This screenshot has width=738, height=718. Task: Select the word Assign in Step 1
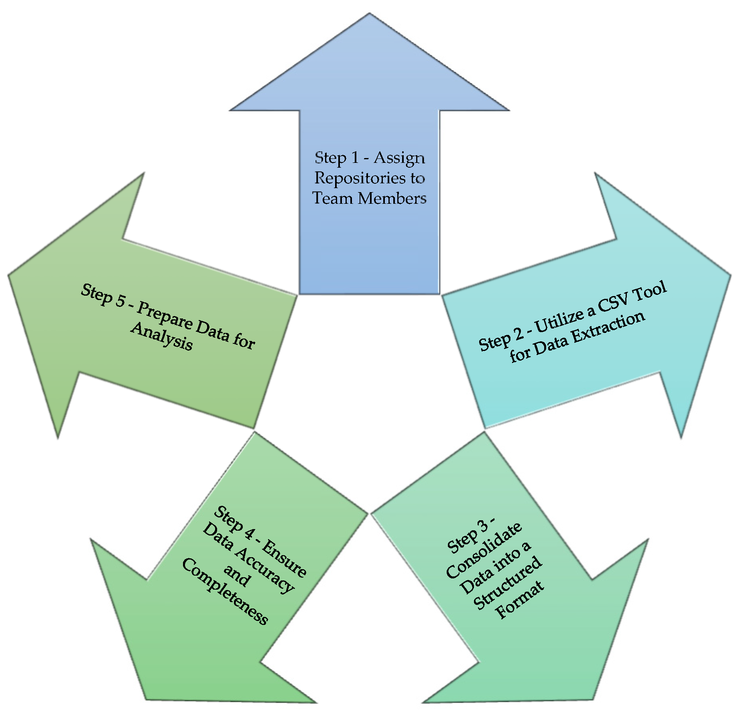(399, 158)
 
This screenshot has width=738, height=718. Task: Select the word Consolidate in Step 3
(484, 551)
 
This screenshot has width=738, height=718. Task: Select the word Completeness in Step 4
(225, 591)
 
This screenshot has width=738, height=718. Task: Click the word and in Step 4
(237, 575)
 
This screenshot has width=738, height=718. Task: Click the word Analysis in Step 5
(162, 336)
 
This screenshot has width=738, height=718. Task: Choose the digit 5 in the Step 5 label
(120, 300)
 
